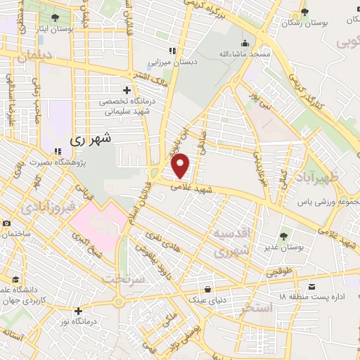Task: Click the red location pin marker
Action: (181, 166)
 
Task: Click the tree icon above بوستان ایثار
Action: (54, 17)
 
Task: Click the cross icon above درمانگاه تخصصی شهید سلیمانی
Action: (127, 90)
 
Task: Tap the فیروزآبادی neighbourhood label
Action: (46, 208)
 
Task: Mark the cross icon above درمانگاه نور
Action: (77, 311)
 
